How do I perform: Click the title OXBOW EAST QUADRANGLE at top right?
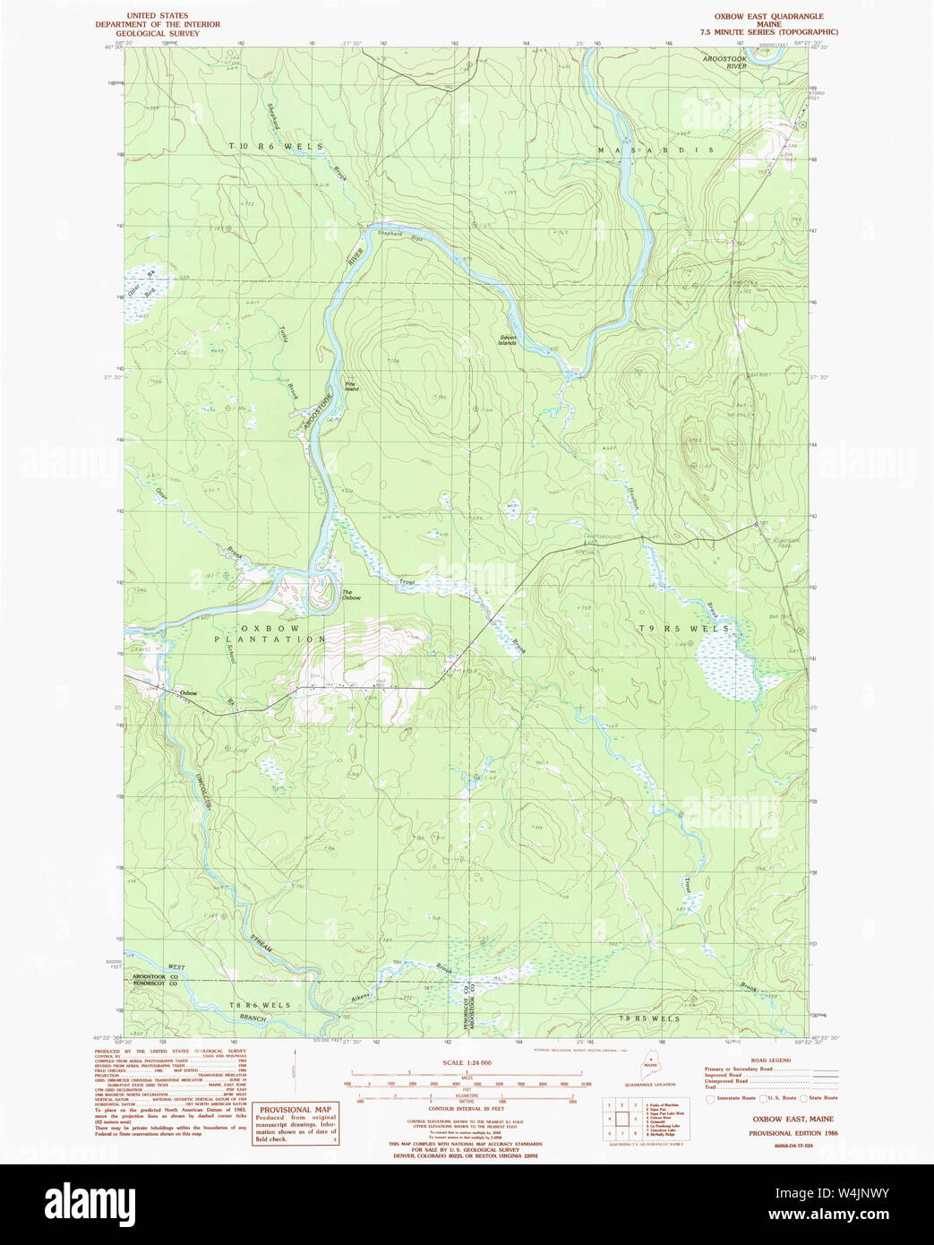click(x=768, y=16)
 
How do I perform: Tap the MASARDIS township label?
click(x=656, y=150)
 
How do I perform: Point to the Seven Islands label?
click(x=508, y=340)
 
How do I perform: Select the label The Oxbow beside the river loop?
click(x=350, y=596)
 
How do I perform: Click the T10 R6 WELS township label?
click(x=275, y=146)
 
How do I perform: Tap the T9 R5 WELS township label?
click(x=697, y=629)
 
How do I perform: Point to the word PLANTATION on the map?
click(x=270, y=640)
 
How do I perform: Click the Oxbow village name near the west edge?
click(x=187, y=692)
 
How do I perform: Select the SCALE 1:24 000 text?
click(x=467, y=1062)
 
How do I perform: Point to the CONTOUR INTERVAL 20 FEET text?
click(x=467, y=1109)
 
